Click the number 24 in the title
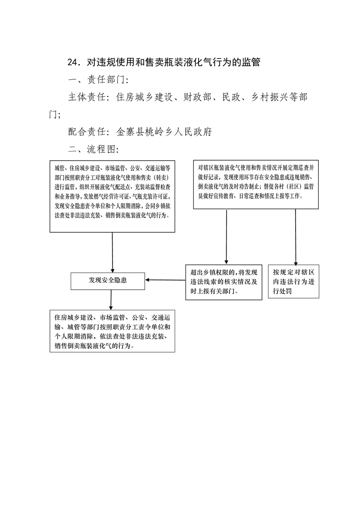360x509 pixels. tap(73, 62)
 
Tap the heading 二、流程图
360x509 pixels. tap(93, 149)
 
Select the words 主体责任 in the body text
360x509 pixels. tap(87, 97)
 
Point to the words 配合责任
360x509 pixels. tap(87, 132)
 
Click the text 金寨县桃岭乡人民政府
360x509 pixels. tap(164, 132)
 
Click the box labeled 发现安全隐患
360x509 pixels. tap(107, 281)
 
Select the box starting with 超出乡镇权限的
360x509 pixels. tap(224, 282)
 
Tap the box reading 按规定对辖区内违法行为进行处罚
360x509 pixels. tap(293, 281)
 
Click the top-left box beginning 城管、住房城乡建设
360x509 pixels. tap(112, 196)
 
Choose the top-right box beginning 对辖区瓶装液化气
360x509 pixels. tap(256, 184)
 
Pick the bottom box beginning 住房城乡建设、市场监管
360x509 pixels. tap(112, 331)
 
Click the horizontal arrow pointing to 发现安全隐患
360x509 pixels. tap(165, 280)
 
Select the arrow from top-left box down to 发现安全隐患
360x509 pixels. tap(112, 253)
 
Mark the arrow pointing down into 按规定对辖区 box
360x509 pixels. tap(296, 237)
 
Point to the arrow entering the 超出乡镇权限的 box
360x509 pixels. tap(226, 237)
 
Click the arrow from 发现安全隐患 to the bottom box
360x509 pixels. tap(111, 300)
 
